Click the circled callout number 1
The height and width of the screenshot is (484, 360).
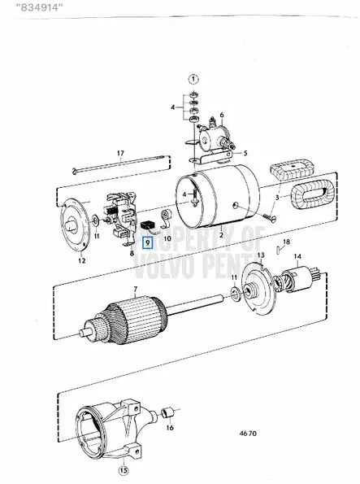coord(193,79)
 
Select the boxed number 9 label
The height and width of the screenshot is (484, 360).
coord(147,242)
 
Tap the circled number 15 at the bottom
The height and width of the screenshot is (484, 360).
coord(123,471)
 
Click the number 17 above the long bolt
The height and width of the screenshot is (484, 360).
coord(120,153)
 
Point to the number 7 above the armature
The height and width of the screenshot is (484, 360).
coord(135,290)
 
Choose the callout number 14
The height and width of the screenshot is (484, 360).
coord(297,256)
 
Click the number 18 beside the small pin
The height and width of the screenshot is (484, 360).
coord(286,242)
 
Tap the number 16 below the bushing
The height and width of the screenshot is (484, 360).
coord(170,428)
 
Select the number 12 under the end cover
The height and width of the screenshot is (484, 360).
coord(81,261)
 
